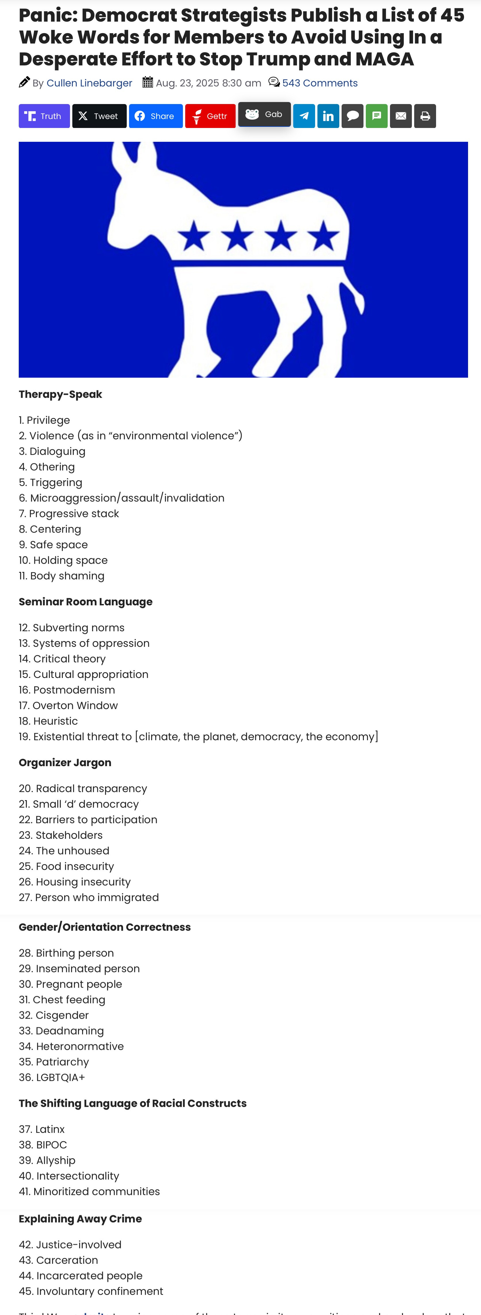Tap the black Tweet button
click(x=99, y=116)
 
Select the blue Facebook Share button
click(x=156, y=116)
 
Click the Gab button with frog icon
click(x=264, y=114)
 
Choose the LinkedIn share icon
click(x=328, y=116)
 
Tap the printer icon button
click(x=425, y=116)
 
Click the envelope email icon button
click(x=401, y=116)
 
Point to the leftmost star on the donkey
click(x=194, y=236)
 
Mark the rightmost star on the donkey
click(x=323, y=236)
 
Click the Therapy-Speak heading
click(x=60, y=394)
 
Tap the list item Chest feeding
click(x=62, y=1000)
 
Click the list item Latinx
click(x=42, y=1129)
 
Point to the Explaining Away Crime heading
click(x=80, y=1218)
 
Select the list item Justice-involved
click(x=70, y=1245)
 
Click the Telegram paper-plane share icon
click(x=304, y=116)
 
